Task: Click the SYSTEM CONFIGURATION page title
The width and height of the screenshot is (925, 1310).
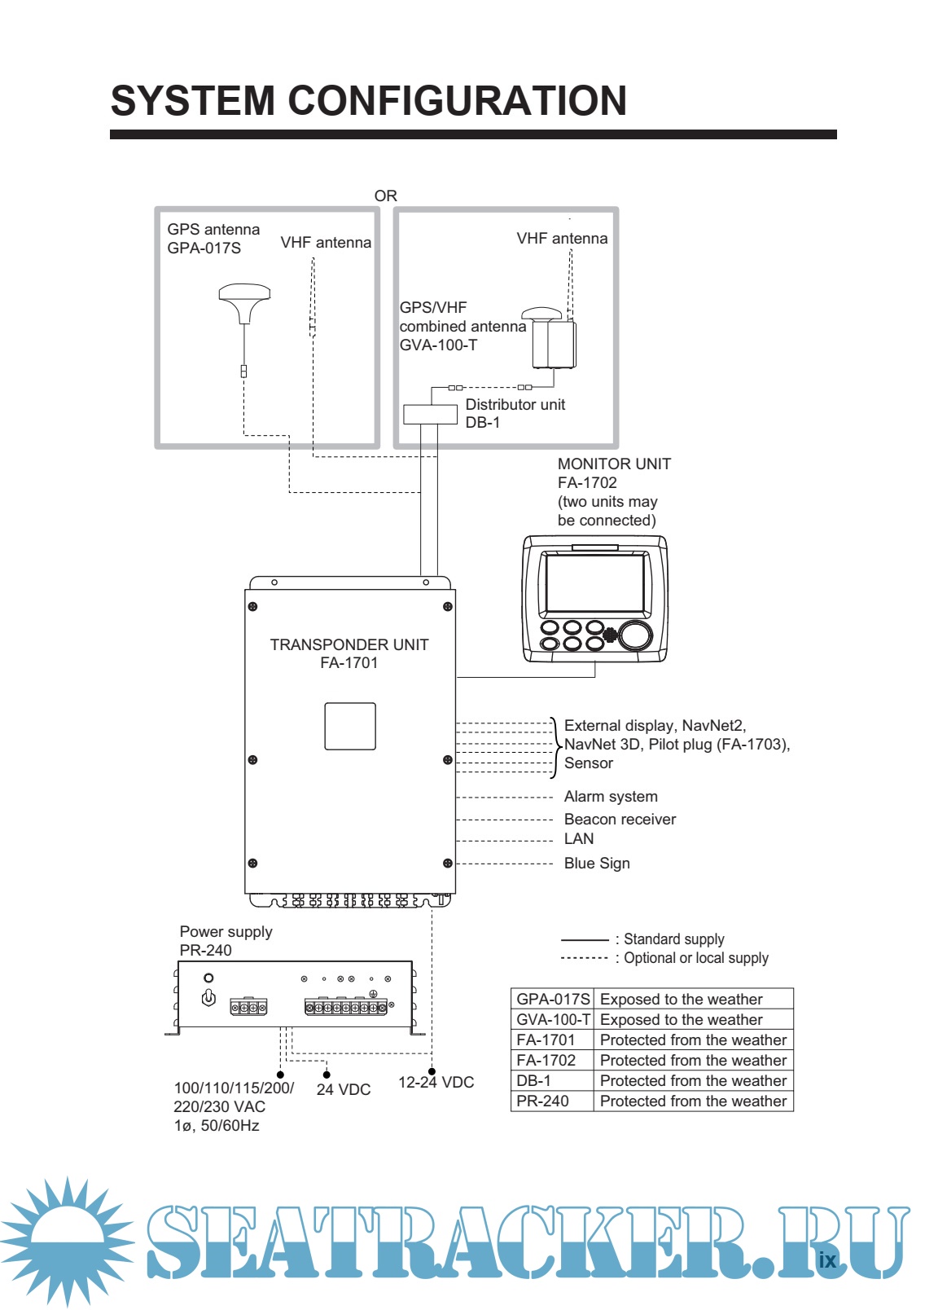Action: (x=368, y=101)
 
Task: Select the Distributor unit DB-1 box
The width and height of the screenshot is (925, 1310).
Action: (x=430, y=414)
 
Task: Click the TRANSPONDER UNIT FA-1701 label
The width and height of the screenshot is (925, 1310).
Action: (x=349, y=653)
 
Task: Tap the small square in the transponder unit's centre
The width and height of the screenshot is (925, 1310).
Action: (x=350, y=726)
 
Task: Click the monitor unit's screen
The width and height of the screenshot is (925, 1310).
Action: (x=595, y=582)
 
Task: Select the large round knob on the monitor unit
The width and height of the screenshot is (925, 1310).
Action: (x=635, y=635)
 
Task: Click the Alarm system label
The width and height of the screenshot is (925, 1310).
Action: (x=611, y=797)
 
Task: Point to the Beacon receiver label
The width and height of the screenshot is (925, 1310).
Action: (x=620, y=820)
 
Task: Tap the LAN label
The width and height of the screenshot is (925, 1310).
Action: (x=579, y=839)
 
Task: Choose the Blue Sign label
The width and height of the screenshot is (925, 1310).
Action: (x=597, y=864)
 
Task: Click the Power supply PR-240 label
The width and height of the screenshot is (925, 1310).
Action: (x=226, y=941)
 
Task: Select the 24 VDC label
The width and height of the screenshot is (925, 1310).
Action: (x=343, y=1090)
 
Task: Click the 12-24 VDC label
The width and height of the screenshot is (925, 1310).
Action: (x=436, y=1083)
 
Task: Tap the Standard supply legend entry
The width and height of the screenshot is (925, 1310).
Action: (x=673, y=939)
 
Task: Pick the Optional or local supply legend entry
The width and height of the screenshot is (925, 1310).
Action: (x=695, y=958)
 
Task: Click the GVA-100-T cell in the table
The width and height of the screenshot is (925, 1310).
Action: (x=553, y=1020)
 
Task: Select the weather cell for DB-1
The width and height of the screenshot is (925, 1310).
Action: (x=693, y=1081)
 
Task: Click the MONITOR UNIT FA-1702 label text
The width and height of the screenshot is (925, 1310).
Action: (x=614, y=473)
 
